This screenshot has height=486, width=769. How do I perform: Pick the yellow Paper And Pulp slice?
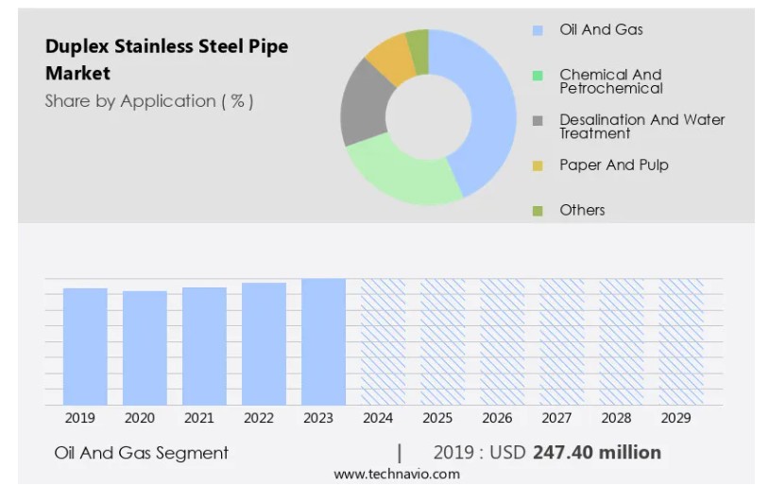pos(389,56)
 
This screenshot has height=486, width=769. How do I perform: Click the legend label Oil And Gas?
pos(601,29)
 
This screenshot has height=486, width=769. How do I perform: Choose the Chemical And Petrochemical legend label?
pos(610,81)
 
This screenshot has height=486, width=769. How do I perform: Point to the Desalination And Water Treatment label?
pos(641,127)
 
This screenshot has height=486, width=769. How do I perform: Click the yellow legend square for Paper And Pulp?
pos(538,165)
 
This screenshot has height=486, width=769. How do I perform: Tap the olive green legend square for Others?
pos(538,210)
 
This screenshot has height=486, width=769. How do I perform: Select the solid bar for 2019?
pos(85,346)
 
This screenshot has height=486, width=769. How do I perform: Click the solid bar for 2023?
pos(323,341)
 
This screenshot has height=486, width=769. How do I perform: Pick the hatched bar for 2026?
pos(502,341)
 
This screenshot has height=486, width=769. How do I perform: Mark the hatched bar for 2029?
pos(680,341)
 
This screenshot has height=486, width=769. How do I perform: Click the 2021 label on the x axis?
pos(199,418)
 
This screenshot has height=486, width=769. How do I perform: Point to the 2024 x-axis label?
pos(378,418)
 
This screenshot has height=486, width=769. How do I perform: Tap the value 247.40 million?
pos(597,453)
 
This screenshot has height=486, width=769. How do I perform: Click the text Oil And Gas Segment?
pos(142,453)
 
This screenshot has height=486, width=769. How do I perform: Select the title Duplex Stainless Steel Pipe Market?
pos(166,59)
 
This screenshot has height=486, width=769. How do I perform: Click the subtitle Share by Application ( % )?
pos(149,101)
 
